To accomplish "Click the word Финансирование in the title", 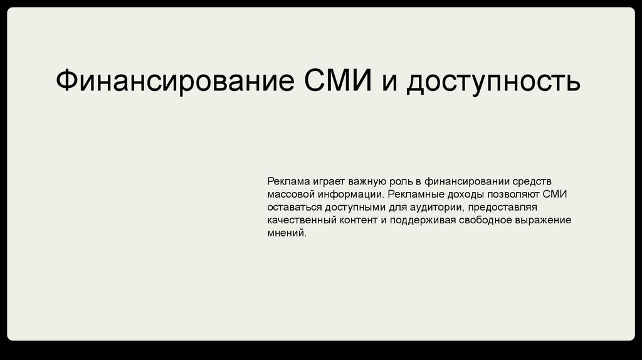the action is (x=175, y=80).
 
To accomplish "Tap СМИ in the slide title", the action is (x=338, y=80).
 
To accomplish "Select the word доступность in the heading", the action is (x=493, y=81).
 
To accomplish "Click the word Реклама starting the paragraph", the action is (x=288, y=181).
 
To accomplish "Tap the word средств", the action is (x=532, y=182).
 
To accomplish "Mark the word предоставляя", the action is (x=502, y=207).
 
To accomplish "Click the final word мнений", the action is (x=287, y=233).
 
